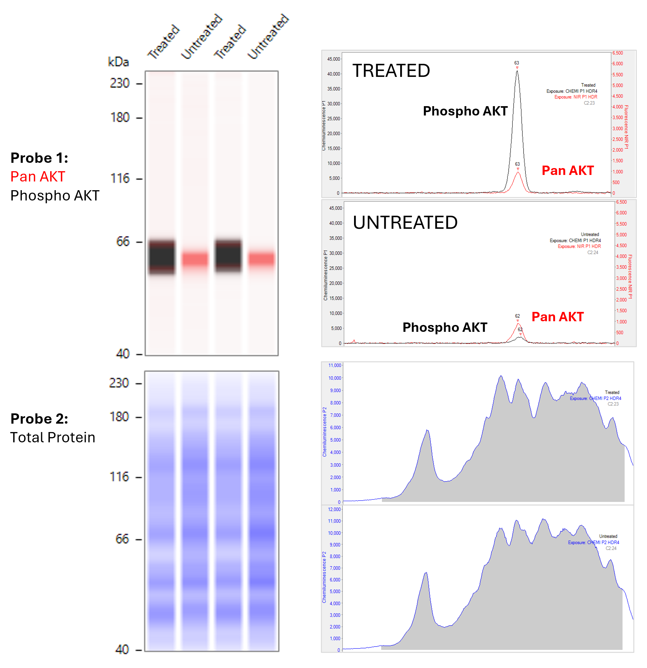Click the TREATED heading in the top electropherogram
point(391,71)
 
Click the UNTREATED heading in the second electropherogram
point(405,223)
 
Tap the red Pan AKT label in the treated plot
point(568,170)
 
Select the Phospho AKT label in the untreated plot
point(445,327)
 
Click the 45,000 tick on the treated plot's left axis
point(333,59)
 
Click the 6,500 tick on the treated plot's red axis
point(617,53)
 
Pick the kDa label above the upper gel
point(118,62)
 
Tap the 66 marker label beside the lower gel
point(122,539)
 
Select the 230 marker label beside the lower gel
point(119,383)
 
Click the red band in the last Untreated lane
point(261,259)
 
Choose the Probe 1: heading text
point(39,158)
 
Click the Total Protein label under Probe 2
point(53,437)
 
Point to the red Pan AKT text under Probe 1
point(37,176)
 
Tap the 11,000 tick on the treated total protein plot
point(334,365)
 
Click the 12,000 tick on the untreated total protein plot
point(334,509)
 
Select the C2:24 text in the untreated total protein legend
point(611,548)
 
